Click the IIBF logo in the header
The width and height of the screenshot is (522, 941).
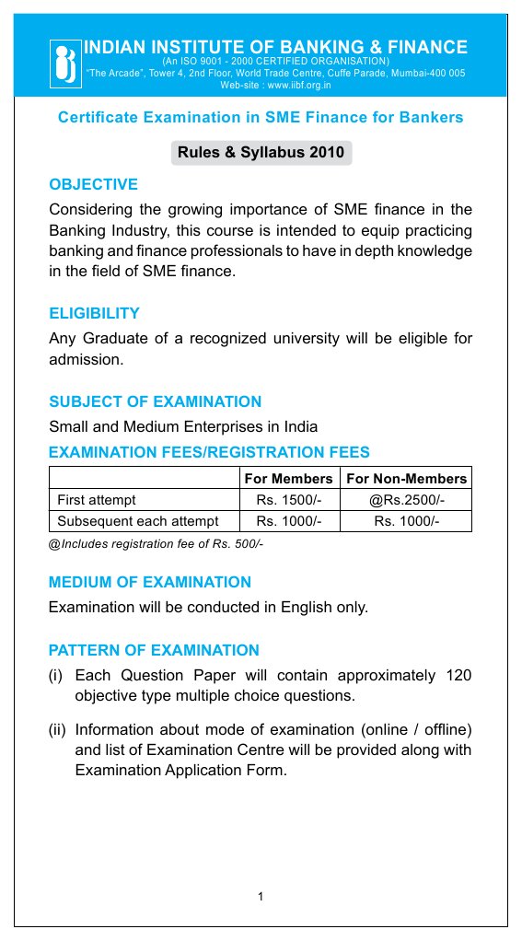[65, 63]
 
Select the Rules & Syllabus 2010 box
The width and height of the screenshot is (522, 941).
[261, 153]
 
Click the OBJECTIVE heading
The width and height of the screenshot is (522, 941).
[93, 184]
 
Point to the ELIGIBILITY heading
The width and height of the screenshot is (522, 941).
[94, 313]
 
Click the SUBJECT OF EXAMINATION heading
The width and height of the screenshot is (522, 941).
[155, 401]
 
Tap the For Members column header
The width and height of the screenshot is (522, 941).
[288, 479]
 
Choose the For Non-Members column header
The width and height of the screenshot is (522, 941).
[406, 479]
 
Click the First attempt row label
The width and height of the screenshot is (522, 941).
[96, 500]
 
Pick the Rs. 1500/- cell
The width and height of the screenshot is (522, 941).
[288, 500]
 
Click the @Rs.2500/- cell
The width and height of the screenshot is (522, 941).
[406, 500]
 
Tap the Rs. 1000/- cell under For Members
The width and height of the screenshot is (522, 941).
[288, 521]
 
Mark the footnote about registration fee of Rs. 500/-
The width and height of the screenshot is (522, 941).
[156, 544]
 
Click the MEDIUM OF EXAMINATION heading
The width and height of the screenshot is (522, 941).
[149, 582]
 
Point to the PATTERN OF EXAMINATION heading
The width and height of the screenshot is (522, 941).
[154, 650]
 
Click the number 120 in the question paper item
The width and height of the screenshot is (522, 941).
[458, 676]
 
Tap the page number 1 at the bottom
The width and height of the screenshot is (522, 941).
[261, 895]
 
